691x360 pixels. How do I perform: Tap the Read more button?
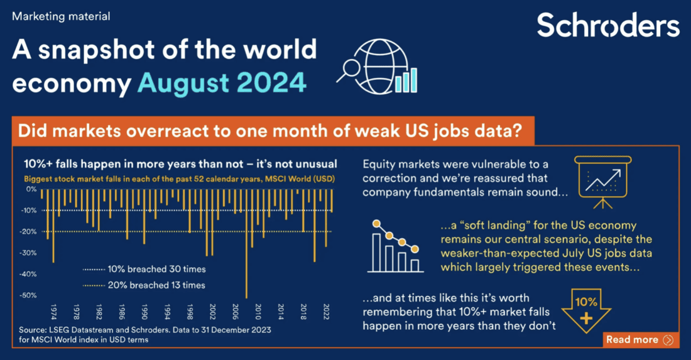(640, 340)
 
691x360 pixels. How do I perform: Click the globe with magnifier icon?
(378, 67)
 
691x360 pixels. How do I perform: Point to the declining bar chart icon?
(395, 246)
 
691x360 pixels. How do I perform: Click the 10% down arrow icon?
(586, 310)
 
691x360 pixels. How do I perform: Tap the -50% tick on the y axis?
(29, 295)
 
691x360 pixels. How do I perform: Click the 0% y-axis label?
(31, 189)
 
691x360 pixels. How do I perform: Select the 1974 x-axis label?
(54, 312)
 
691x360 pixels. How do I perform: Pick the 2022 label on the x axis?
(326, 312)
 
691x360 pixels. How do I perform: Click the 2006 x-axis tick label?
(236, 312)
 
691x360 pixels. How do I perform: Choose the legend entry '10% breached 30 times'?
(144, 270)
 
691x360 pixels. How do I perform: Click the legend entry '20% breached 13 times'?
(144, 285)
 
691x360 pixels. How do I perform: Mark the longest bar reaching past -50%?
(246, 244)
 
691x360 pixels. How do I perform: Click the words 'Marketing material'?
(61, 16)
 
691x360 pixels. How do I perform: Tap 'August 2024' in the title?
(222, 82)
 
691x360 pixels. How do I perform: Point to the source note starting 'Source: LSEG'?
(145, 335)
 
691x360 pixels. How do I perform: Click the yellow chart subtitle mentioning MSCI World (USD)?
(180, 179)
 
